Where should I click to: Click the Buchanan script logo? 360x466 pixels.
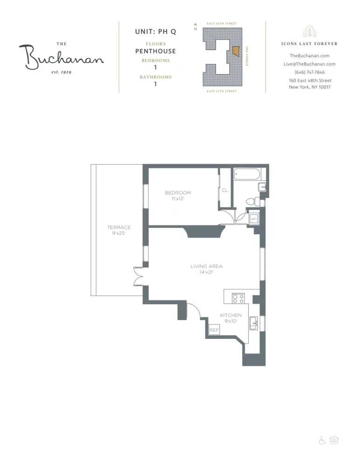(61, 57)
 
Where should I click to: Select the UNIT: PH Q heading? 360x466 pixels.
(155, 32)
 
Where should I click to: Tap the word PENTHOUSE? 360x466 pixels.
(155, 51)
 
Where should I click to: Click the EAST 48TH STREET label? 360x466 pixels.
(222, 23)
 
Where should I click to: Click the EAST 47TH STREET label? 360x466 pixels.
(222, 91)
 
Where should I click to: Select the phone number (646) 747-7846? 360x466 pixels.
(310, 72)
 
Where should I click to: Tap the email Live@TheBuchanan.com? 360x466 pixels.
(310, 64)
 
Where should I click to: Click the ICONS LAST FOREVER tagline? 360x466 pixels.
(310, 44)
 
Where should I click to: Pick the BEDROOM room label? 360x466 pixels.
(178, 193)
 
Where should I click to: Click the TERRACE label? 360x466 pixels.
(119, 227)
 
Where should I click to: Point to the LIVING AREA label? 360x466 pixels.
(206, 267)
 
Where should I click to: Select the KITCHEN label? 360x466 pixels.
(231, 315)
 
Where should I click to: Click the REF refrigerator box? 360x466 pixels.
(214, 329)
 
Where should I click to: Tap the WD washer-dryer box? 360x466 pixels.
(254, 218)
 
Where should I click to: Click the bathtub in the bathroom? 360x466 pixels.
(247, 175)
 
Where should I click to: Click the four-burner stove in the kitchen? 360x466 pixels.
(239, 298)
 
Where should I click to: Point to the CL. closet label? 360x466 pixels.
(225, 191)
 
